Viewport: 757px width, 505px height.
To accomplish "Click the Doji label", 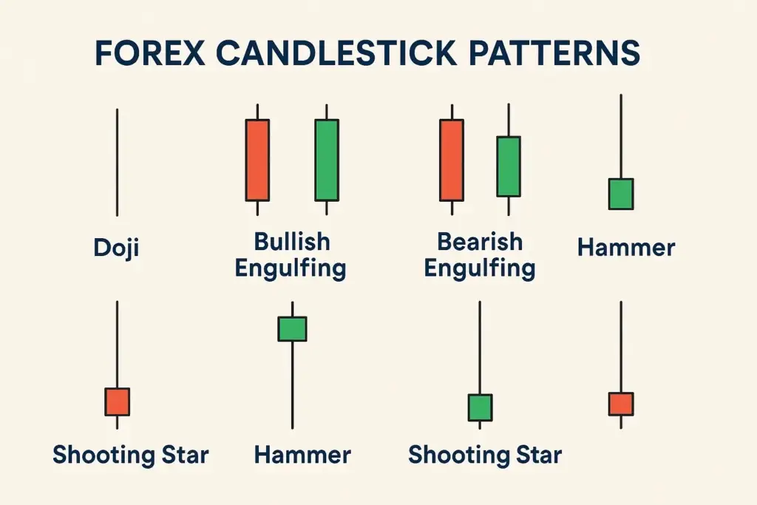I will [x=117, y=248].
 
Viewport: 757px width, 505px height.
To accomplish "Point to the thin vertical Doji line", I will [x=117, y=163].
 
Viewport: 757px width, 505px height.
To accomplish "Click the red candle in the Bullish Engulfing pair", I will [x=257, y=160].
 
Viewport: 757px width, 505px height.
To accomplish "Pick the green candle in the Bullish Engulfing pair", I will [x=327, y=160].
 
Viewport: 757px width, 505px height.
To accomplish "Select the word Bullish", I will [x=292, y=242].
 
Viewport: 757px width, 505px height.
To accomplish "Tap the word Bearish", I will [x=480, y=242].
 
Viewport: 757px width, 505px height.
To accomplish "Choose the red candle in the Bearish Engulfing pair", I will [x=452, y=160].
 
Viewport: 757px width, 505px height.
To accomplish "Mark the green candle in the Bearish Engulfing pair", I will [x=508, y=166].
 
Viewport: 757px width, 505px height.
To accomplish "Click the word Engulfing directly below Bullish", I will [x=291, y=268].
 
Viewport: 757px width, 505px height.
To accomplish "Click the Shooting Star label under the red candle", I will [x=131, y=454].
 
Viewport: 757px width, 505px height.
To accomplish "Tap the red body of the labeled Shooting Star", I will [x=117, y=401].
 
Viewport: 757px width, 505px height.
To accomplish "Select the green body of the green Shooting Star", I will [x=480, y=407].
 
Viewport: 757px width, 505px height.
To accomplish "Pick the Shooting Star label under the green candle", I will [x=485, y=454].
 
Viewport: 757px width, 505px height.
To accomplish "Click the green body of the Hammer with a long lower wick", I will [x=292, y=328].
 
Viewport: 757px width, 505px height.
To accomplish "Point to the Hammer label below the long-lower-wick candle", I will [x=302, y=454].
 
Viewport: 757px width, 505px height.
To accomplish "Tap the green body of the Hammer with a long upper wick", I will [x=621, y=194].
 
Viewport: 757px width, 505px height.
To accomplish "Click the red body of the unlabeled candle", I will [x=621, y=404].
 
